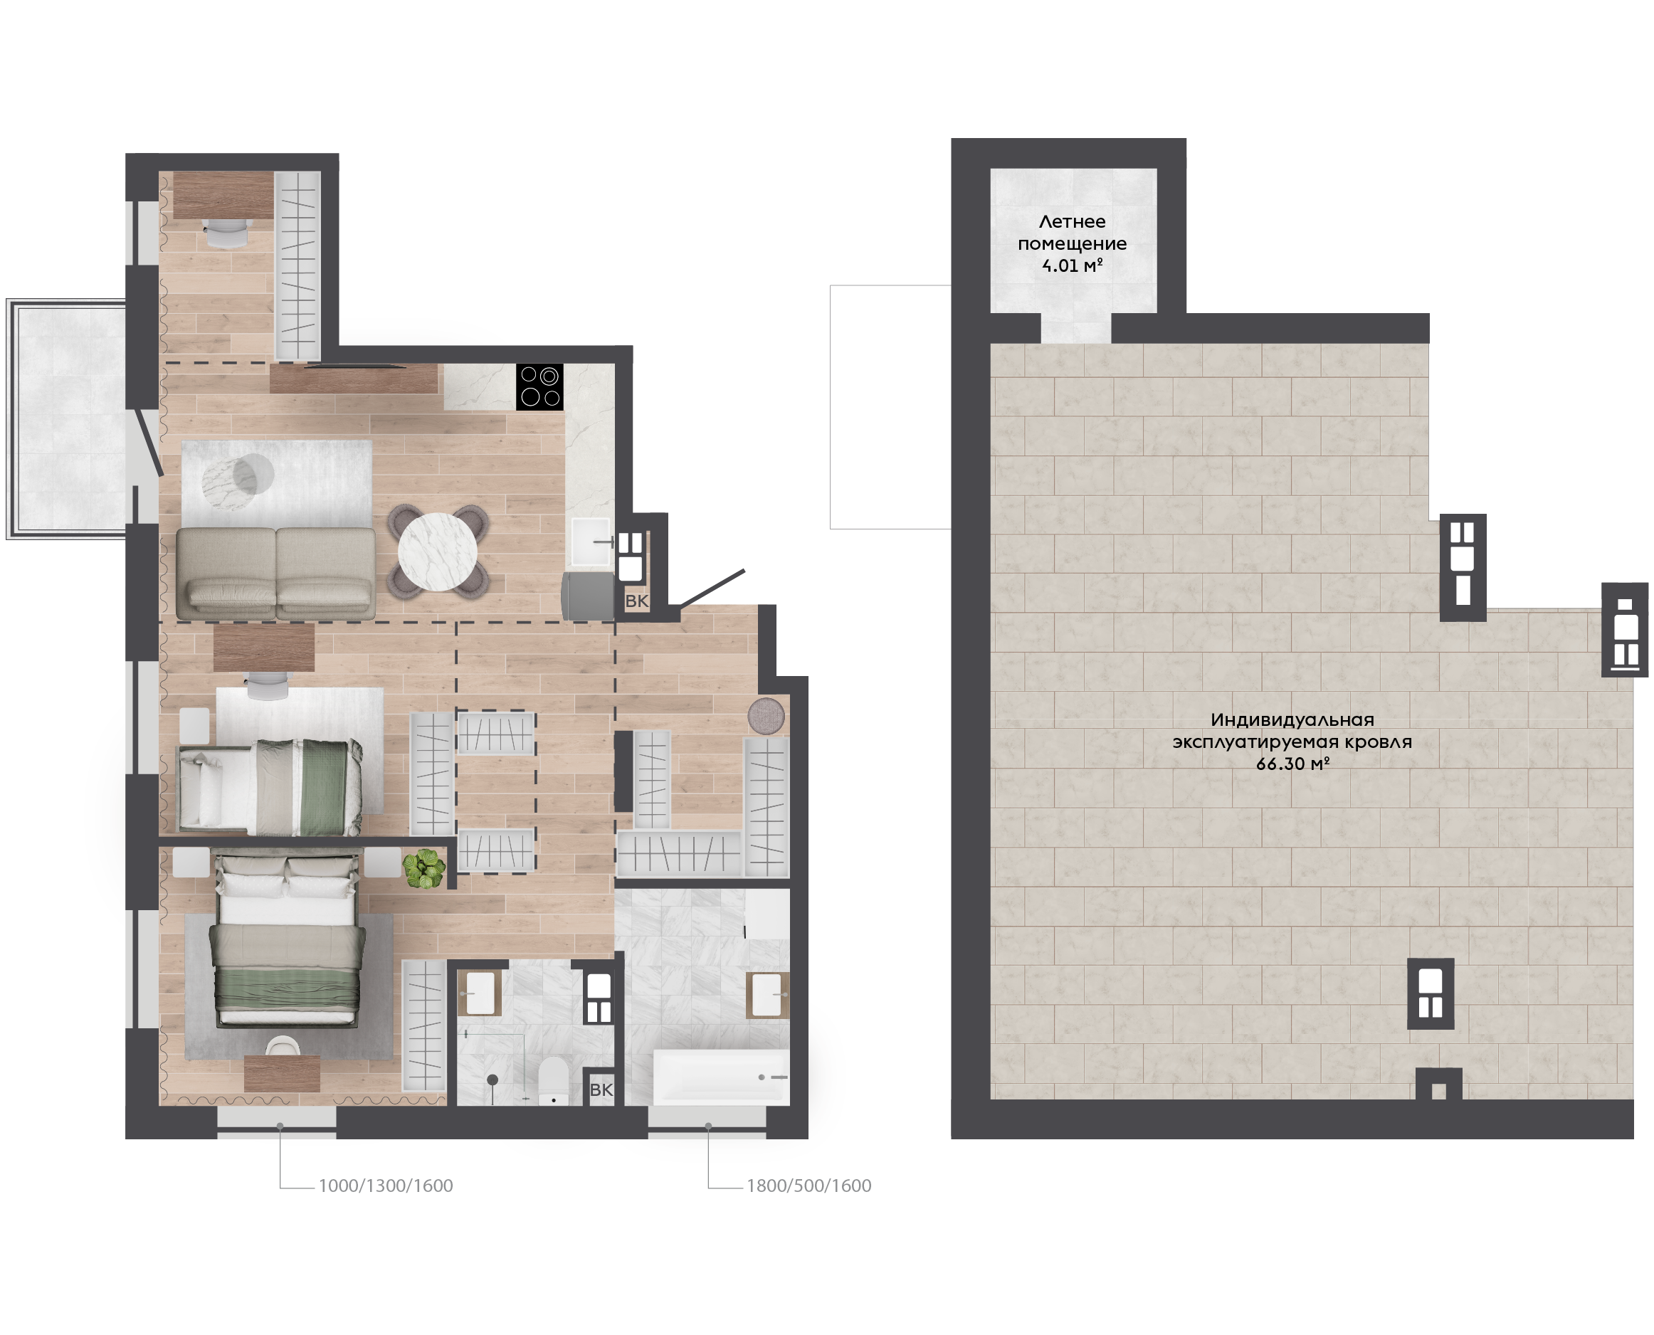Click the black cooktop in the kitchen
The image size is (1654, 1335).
539,387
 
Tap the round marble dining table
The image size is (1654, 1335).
438,552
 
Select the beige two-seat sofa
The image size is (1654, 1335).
276,574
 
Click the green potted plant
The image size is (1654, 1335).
423,868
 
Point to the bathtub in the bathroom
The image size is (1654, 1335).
721,1077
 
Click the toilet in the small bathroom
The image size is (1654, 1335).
553,1080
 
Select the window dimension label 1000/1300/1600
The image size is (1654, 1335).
385,1186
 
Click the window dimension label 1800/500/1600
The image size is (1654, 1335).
809,1186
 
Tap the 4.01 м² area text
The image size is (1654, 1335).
1072,265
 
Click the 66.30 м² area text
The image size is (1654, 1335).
1292,764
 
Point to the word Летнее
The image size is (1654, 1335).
1072,221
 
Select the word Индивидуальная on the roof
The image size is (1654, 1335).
1292,719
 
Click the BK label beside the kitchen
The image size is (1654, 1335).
637,601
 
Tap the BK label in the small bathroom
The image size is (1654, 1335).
601,1089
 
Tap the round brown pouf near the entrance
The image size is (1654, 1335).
766,716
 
